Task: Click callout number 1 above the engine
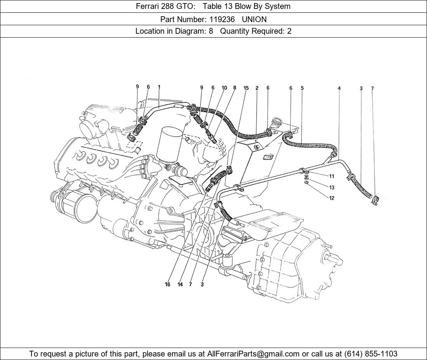(x=159, y=87)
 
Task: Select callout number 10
(x=224, y=88)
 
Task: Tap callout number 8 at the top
(x=234, y=88)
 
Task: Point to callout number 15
(x=246, y=88)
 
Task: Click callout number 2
(x=257, y=88)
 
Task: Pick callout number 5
(x=302, y=88)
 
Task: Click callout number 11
(x=332, y=177)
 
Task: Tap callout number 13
(x=332, y=187)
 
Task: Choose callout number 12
(x=332, y=198)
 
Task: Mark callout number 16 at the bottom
(x=167, y=284)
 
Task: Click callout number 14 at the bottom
(x=180, y=284)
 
